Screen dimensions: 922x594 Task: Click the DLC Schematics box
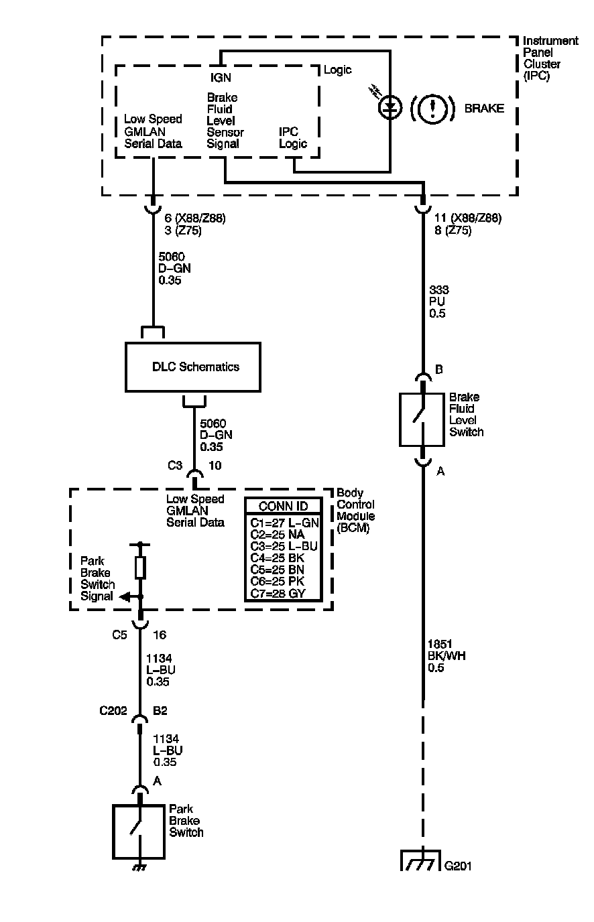(193, 367)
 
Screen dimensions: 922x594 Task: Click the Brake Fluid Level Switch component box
(422, 419)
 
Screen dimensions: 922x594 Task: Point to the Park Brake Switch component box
(139, 832)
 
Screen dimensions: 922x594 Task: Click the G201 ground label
(459, 866)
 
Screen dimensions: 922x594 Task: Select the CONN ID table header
(283, 507)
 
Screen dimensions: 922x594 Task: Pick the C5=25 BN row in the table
(283, 568)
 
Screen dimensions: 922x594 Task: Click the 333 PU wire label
(440, 302)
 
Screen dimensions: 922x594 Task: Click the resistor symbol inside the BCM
(140, 567)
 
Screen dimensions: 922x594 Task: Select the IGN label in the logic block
(221, 78)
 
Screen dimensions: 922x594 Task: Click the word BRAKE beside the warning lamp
(484, 109)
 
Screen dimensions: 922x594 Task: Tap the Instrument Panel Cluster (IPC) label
(550, 58)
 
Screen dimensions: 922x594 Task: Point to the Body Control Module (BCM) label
(355, 510)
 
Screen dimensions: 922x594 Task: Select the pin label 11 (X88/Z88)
(468, 218)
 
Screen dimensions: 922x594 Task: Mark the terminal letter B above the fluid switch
(439, 370)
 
